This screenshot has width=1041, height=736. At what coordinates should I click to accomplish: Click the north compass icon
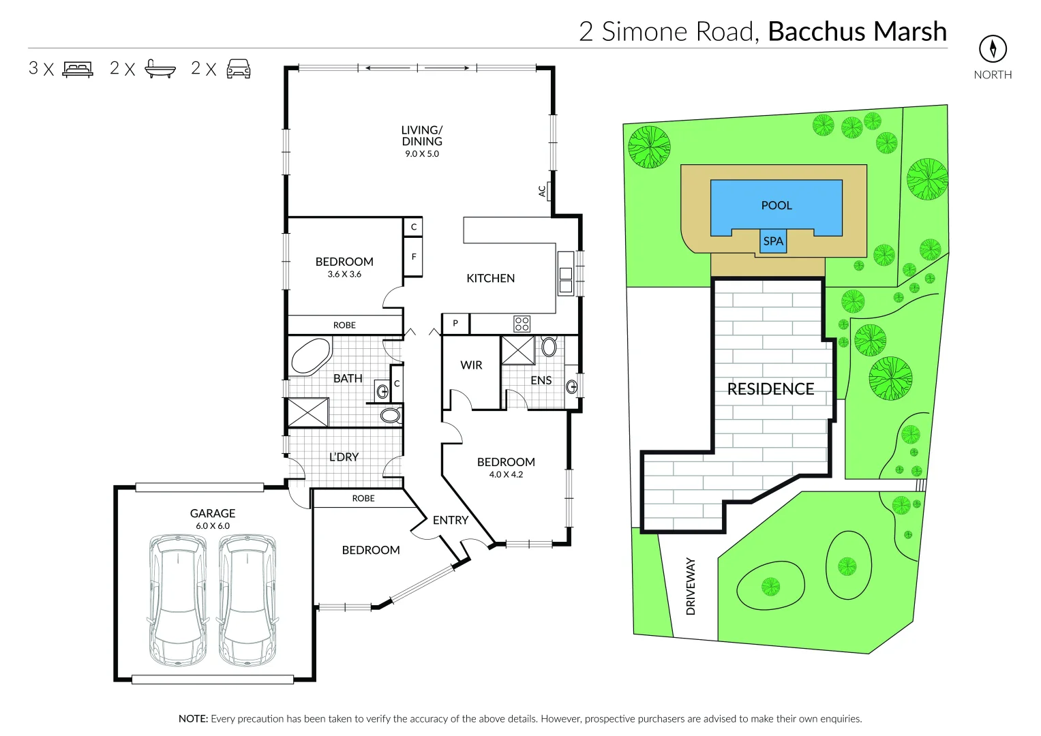[993, 48]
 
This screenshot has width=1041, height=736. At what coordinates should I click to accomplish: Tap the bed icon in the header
[78, 69]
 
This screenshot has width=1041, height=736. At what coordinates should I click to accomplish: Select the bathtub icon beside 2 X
[160, 69]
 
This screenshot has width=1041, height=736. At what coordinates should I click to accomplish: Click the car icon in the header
[239, 69]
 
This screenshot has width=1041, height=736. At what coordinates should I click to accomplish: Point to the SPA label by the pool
[773, 241]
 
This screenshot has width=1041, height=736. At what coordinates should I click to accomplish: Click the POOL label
[776, 205]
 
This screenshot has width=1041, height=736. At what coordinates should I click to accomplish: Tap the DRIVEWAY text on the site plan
[691, 586]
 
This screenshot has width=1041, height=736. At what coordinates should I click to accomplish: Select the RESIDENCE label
[770, 389]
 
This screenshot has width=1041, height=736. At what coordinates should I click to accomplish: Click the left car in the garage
[177, 600]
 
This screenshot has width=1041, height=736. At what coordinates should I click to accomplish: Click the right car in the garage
[247, 600]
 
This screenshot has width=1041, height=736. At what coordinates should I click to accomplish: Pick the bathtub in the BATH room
[311, 356]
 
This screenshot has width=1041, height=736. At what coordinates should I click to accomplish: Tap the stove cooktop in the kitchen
[522, 324]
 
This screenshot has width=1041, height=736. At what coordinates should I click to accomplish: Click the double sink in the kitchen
[565, 280]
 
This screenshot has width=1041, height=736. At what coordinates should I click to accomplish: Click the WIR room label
[471, 365]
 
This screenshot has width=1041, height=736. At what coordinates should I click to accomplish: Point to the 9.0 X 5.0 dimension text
[422, 154]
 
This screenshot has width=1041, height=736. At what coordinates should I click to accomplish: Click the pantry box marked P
[455, 324]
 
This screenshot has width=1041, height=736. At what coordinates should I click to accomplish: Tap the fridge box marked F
[413, 257]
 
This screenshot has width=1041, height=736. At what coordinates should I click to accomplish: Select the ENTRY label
[450, 520]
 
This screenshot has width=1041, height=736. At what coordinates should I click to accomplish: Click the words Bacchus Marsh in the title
[857, 31]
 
